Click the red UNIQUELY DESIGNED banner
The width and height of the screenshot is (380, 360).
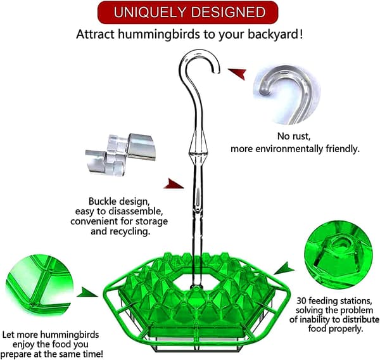click(188, 13)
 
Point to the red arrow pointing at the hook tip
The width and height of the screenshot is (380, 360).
click(237, 74)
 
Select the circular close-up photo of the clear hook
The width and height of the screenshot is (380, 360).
click(287, 95)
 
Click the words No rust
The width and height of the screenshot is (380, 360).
click(294, 136)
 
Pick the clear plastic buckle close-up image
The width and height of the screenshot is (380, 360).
click(120, 154)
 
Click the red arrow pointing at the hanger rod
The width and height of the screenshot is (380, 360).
click(174, 184)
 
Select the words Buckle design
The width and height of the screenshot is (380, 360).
click(118, 202)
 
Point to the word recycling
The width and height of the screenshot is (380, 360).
click(129, 231)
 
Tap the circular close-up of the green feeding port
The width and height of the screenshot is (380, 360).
click(338, 255)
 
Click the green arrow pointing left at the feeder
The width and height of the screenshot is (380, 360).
click(284, 268)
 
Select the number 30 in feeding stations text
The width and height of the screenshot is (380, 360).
click(301, 301)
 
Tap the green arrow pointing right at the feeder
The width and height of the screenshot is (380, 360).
click(87, 292)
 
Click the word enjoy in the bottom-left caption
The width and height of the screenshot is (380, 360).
click(23, 345)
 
